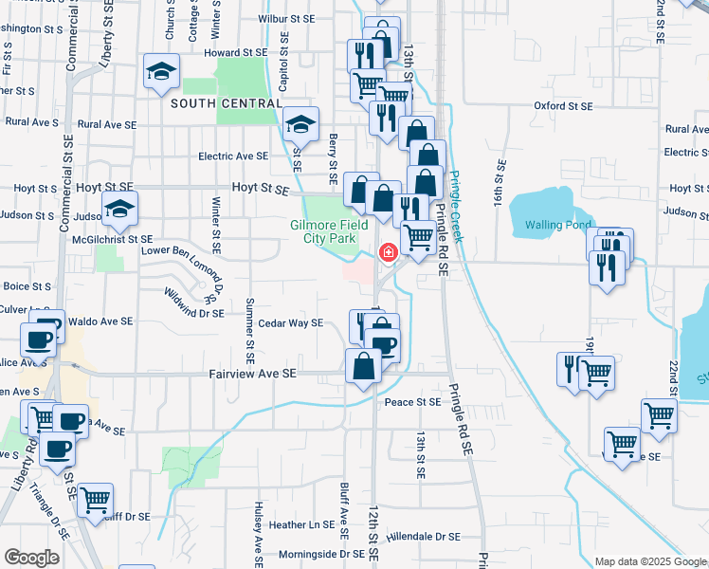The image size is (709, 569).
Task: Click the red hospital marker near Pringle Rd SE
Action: (388, 253)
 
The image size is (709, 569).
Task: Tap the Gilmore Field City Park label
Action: (328, 231)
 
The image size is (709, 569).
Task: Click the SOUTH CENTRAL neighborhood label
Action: (226, 103)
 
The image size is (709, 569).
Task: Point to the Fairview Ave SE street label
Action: (252, 375)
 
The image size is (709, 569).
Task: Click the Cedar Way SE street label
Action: (290, 323)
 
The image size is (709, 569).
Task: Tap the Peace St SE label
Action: (412, 402)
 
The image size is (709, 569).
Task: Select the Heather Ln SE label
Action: (300, 524)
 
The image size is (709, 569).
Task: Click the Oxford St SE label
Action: (563, 106)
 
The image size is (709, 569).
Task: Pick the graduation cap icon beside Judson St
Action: (120, 210)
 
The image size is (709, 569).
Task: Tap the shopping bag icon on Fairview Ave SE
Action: (364, 365)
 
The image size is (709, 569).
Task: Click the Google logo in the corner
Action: (32, 558)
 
